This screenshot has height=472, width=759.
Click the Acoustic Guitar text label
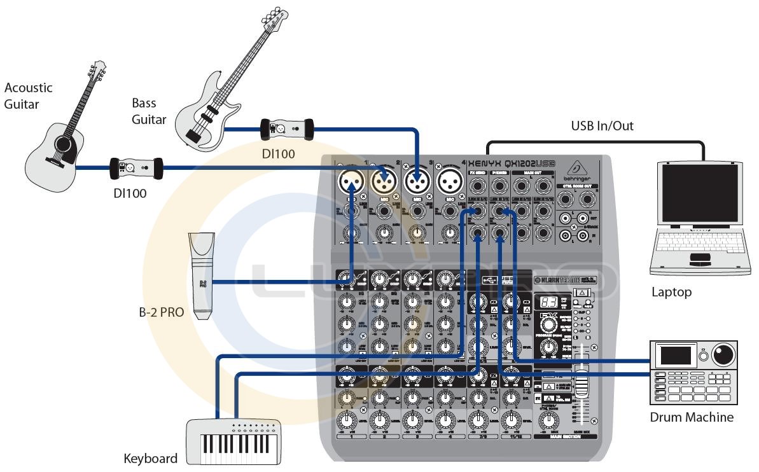[x=28, y=96]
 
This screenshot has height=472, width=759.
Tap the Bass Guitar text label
[x=149, y=111]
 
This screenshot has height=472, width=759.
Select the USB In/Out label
[x=602, y=126]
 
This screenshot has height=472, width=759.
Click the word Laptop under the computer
[x=671, y=293]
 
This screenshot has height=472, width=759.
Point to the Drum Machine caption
[x=692, y=418]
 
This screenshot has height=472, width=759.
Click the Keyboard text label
[x=150, y=459]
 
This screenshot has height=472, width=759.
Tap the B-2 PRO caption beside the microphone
[x=162, y=312]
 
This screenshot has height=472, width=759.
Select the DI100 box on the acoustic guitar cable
[x=136, y=169]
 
